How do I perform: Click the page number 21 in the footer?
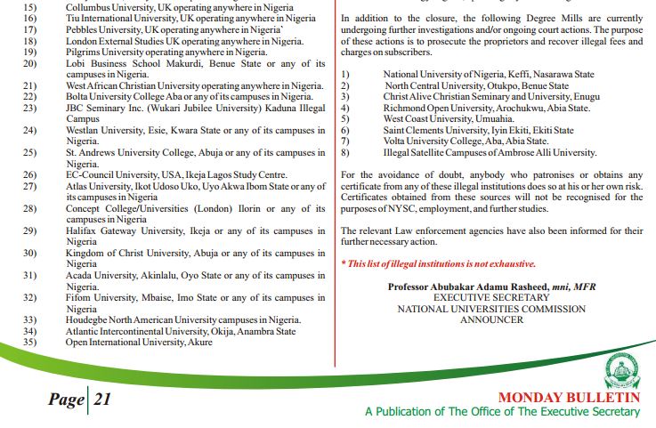(x=101, y=400)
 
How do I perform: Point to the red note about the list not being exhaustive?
(x=439, y=264)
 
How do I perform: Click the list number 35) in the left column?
(x=28, y=342)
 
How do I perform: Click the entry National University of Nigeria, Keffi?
(x=489, y=75)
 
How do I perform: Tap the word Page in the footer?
(x=66, y=400)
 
